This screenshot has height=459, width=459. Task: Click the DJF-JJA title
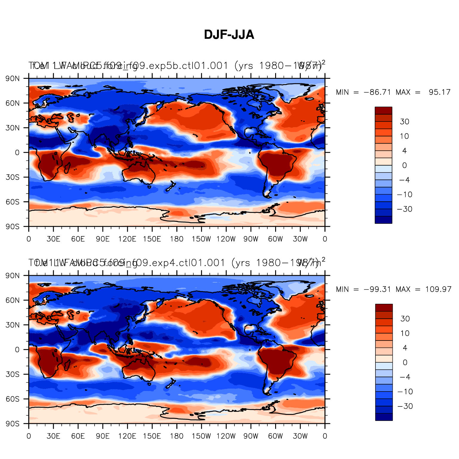229,35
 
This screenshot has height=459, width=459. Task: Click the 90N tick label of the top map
13,79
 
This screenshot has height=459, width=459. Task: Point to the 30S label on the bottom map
13,375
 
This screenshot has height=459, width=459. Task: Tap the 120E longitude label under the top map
127,239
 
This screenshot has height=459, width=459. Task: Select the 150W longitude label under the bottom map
201,436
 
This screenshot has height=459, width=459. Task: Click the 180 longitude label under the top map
176,239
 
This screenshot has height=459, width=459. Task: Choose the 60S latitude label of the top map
13,202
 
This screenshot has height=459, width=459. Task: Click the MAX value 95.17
439,92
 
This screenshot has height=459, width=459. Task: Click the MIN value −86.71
377,92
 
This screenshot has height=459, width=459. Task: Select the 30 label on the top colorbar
404,122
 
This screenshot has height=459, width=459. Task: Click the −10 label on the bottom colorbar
405,392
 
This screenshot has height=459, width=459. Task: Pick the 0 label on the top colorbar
404,166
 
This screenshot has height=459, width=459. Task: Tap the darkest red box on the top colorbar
383,110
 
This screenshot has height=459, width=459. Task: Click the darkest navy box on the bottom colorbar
384,417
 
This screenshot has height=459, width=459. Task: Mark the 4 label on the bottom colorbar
405,348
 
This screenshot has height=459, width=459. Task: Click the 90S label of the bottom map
13,424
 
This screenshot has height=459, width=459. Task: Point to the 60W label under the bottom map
275,436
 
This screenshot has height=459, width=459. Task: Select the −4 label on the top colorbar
404,180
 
